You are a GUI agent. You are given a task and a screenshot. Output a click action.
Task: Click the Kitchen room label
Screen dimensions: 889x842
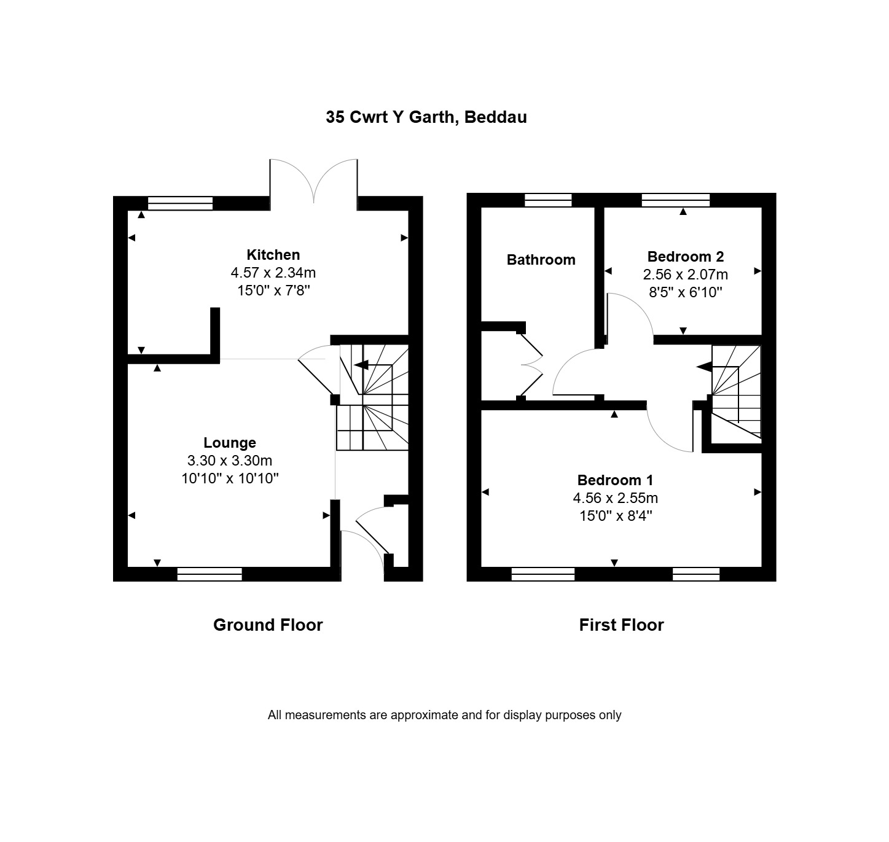273,255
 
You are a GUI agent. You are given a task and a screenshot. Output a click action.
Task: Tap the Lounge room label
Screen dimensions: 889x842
230,443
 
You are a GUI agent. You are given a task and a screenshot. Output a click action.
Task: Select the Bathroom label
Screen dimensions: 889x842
541,260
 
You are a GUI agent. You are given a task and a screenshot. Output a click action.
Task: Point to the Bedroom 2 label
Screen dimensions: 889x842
686,256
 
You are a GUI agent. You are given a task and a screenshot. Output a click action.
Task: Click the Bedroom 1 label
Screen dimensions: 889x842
615,480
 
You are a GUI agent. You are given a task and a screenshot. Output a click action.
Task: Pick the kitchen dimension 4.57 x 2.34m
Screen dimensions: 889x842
273,273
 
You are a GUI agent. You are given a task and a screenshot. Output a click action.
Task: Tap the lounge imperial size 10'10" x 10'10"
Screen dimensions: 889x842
230,478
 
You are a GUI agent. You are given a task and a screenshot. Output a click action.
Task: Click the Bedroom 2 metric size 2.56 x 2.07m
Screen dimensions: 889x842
686,275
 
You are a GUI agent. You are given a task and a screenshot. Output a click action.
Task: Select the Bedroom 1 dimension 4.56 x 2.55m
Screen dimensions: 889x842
615,498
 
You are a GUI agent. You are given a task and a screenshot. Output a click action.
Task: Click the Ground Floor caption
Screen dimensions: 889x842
268,625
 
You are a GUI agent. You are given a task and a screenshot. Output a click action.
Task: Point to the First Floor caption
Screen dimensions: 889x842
621,625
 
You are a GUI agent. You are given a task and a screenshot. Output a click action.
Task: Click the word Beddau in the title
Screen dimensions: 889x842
496,117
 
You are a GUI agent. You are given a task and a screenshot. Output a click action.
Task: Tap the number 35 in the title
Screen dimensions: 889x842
335,117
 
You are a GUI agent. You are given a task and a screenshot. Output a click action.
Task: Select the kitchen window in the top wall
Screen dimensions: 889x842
180,203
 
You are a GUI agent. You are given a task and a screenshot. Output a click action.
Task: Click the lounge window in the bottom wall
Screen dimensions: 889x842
210,574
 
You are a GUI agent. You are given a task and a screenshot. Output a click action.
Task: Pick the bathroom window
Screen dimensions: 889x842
548,200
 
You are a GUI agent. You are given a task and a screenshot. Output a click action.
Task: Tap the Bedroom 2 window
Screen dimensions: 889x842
676,200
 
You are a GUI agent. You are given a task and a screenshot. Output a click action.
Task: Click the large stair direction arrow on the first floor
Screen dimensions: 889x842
703,367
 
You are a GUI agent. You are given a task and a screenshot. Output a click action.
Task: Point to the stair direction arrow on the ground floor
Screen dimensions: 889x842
361,365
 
